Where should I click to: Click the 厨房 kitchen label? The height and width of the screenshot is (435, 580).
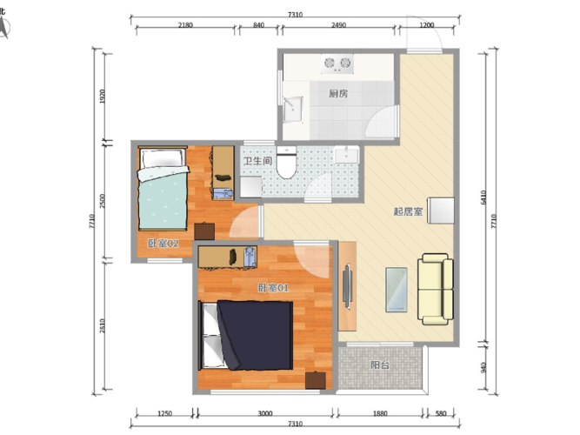point(338,94)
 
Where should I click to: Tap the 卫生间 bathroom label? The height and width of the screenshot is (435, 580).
point(257,161)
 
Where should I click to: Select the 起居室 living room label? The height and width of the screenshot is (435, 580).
point(408,211)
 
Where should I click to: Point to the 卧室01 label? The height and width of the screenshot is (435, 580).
point(273,288)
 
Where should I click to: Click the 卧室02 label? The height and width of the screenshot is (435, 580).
point(163,244)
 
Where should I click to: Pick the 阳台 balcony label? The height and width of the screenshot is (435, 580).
point(380,365)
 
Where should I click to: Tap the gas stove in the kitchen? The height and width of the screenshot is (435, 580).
point(337,64)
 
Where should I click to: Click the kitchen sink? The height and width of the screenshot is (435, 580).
point(293,110)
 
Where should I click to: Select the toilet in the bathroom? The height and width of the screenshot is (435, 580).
point(286,162)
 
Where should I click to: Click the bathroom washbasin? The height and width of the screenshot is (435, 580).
point(347,155)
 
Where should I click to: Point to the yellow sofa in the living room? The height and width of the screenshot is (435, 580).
point(436,289)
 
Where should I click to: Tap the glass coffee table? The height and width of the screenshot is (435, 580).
point(397,290)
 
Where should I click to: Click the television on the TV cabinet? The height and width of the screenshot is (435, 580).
point(347,286)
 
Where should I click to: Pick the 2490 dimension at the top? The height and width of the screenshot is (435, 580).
point(338,25)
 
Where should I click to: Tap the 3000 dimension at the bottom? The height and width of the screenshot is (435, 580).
point(265,413)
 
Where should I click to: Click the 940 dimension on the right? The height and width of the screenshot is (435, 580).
point(483,368)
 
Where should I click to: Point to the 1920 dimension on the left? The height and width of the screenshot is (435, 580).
point(103,97)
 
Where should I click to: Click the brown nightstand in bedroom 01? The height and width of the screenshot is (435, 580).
point(316,380)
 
